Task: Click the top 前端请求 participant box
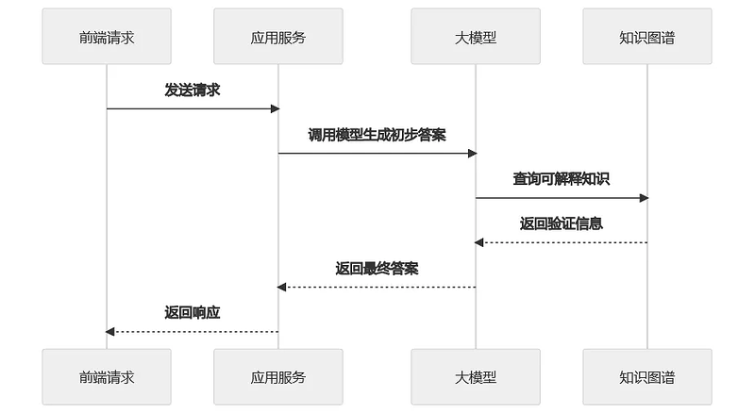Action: click(107, 37)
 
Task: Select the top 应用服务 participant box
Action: click(278, 37)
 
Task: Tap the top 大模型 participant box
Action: click(476, 37)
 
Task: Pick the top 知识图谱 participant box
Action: click(647, 37)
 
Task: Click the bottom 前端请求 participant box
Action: click(107, 377)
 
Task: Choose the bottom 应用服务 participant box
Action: click(278, 377)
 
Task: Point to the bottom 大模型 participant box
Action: click(476, 377)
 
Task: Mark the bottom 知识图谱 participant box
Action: click(647, 377)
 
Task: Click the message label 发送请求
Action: click(193, 90)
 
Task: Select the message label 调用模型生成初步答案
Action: click(377, 134)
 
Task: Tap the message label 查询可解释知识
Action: click(562, 178)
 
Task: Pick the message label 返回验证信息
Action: click(562, 223)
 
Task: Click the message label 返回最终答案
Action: click(377, 268)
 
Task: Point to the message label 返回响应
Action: click(193, 312)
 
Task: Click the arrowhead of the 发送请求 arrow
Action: click(276, 108)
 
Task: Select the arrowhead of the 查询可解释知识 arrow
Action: click(645, 198)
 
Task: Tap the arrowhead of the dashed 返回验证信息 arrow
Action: click(479, 242)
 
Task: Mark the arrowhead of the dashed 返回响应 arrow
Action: click(110, 331)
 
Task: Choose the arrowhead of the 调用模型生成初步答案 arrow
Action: click(473, 153)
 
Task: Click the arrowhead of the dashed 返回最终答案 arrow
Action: click(282, 287)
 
